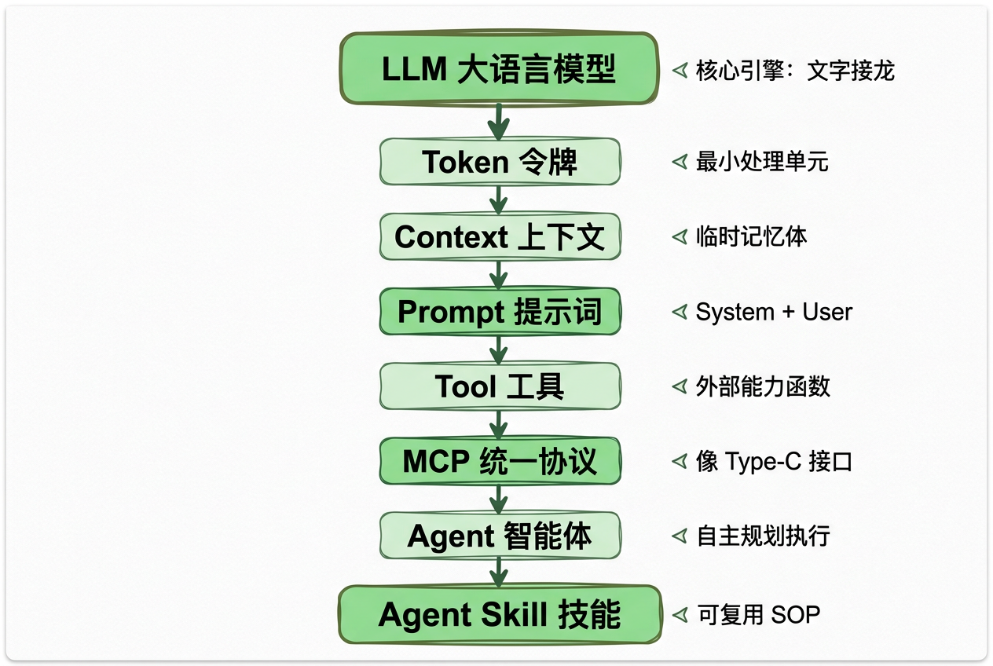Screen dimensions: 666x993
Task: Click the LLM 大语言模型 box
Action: (498, 69)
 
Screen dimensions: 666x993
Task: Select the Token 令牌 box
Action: (500, 162)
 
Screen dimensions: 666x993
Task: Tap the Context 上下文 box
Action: (500, 236)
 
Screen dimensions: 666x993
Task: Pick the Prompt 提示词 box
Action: (500, 311)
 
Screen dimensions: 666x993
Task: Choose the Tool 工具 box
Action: (500, 386)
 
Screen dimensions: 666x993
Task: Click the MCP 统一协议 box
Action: (500, 461)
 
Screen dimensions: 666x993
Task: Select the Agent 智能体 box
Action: (500, 536)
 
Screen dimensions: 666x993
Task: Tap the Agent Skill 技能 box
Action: (500, 614)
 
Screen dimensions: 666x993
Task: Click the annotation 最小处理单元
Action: (762, 162)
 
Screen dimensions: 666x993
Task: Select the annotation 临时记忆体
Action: (751, 236)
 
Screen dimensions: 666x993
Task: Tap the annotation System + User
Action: (774, 312)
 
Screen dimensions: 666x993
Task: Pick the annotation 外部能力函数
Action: (763, 386)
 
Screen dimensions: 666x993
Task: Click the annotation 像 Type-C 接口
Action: (774, 462)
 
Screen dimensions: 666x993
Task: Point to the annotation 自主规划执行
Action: (763, 536)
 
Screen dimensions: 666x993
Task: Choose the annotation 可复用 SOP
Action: (758, 614)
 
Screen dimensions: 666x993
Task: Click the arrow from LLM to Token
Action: (499, 122)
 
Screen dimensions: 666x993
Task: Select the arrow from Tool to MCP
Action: (499, 425)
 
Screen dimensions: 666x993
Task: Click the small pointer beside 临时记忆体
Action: (680, 236)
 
